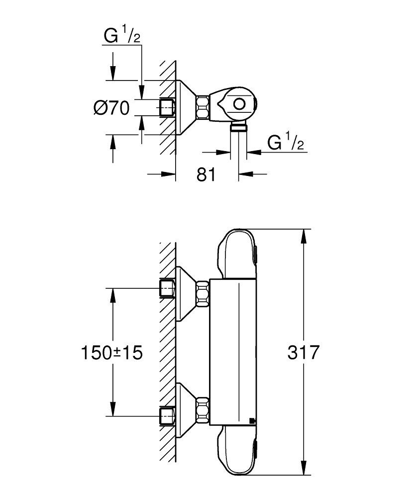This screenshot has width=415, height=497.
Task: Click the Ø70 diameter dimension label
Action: click(111, 108)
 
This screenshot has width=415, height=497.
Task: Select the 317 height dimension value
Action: click(303, 352)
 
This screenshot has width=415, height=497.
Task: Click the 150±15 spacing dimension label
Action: click(111, 352)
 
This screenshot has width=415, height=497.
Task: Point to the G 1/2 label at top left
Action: click(121, 37)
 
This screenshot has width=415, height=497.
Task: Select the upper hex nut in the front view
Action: click(203, 293)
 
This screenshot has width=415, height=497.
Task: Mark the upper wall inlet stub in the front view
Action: click(167, 288)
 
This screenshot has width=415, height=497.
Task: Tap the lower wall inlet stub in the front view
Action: click(167, 415)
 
